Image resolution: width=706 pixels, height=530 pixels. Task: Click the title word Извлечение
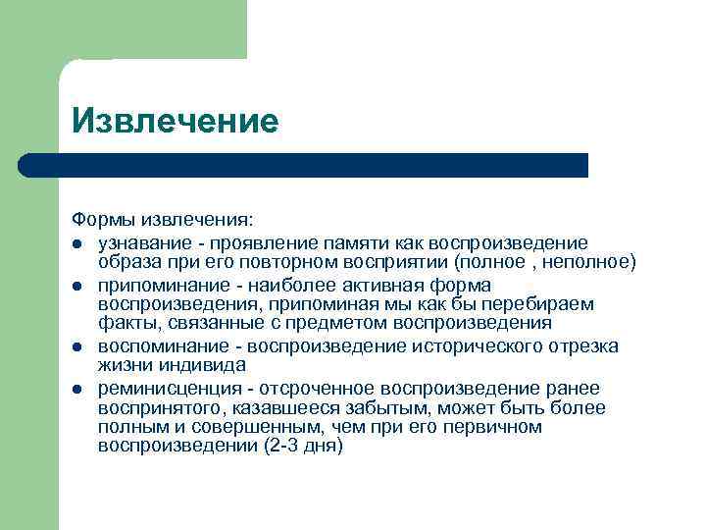pos(176,121)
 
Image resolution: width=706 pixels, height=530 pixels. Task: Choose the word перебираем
pos(538,305)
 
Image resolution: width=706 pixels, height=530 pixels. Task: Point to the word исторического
pos(472,346)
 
